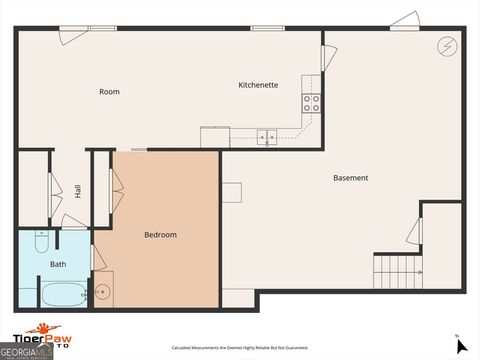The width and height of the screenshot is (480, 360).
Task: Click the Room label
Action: [109, 92]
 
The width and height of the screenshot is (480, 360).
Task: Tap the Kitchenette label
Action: [258, 85]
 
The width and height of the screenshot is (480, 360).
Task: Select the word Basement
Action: [350, 178]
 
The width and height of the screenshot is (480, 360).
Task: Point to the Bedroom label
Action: [160, 235]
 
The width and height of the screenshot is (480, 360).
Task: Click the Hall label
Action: [78, 190]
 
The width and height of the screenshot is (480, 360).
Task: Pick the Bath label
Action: [58, 264]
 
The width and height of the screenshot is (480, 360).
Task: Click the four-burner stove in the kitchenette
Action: [311, 101]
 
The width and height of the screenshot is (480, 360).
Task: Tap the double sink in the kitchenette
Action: [267, 138]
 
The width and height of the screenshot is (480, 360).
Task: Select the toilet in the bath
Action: [41, 241]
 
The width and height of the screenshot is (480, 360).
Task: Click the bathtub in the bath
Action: [62, 294]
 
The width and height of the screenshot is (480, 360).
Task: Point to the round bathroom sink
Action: [101, 292]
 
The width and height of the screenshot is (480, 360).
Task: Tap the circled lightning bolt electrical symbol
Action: [447, 46]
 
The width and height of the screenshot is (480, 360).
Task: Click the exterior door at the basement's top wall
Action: [404, 21]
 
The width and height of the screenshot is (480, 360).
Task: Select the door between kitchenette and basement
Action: [327, 58]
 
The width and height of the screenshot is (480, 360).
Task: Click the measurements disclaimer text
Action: [240, 347]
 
